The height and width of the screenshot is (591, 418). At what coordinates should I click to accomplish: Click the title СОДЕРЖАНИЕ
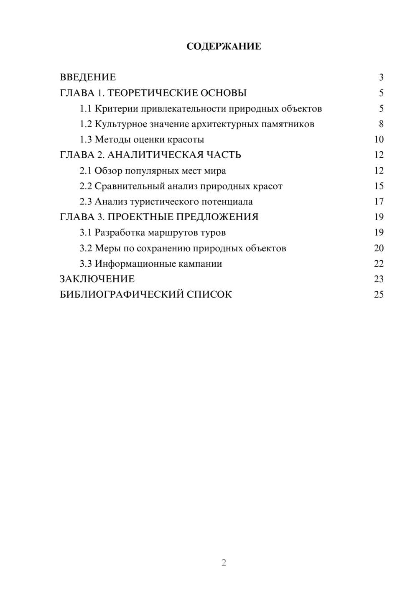(x=224, y=46)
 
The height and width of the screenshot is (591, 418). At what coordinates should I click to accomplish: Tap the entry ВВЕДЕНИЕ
(x=88, y=77)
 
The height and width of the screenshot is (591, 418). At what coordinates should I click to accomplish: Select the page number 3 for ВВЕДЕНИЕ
(x=381, y=77)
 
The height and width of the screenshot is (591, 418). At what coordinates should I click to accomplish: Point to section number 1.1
(x=86, y=109)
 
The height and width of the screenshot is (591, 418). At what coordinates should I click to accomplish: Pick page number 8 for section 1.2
(x=381, y=124)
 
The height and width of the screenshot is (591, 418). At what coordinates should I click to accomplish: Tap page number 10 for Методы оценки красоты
(x=379, y=140)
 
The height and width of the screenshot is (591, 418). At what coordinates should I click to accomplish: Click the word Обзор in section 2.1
(x=108, y=171)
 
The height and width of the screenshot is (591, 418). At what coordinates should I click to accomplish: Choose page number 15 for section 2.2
(x=379, y=186)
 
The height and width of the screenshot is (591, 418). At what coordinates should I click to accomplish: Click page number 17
(x=379, y=202)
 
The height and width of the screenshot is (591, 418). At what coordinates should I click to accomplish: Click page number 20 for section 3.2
(x=379, y=248)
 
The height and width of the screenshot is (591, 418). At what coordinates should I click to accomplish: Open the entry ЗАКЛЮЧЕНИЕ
(x=97, y=279)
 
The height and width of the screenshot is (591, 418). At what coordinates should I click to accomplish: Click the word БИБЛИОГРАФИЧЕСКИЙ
(x=122, y=295)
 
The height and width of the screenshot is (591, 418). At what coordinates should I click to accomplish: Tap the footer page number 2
(x=224, y=563)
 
